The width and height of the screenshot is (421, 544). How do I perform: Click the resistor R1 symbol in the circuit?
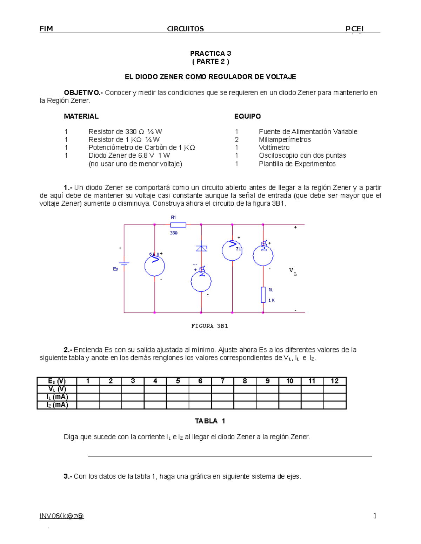[x=178, y=225]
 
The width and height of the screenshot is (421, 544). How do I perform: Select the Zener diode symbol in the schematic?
[x=201, y=248]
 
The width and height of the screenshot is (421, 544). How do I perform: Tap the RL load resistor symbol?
[x=263, y=295]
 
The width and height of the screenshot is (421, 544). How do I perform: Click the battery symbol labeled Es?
[x=124, y=263]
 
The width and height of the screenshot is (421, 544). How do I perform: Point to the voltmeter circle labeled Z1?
[x=232, y=250]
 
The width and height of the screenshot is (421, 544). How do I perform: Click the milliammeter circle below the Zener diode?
[x=201, y=281]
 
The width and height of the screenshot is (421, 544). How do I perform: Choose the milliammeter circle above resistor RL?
[x=263, y=255]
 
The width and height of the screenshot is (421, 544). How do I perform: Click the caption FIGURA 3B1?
[x=210, y=326]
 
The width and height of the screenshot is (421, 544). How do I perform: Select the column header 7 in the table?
[x=222, y=381]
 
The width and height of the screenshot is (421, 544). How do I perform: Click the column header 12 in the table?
[x=335, y=381]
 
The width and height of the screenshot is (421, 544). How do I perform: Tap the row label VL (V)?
[x=57, y=389]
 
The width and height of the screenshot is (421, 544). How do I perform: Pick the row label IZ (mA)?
[x=57, y=405]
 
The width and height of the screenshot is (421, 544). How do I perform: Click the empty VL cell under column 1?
[x=88, y=389]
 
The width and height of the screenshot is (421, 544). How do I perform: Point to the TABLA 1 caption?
[x=210, y=421]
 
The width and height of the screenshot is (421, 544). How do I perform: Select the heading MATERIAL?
[x=81, y=116]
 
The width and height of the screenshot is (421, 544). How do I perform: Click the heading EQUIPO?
[x=247, y=116]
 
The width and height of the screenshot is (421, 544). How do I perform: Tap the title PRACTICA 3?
[x=210, y=54]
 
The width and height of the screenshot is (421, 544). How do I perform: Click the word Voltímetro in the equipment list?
[x=274, y=147]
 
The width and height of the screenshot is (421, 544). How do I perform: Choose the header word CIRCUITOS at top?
[x=185, y=29]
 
